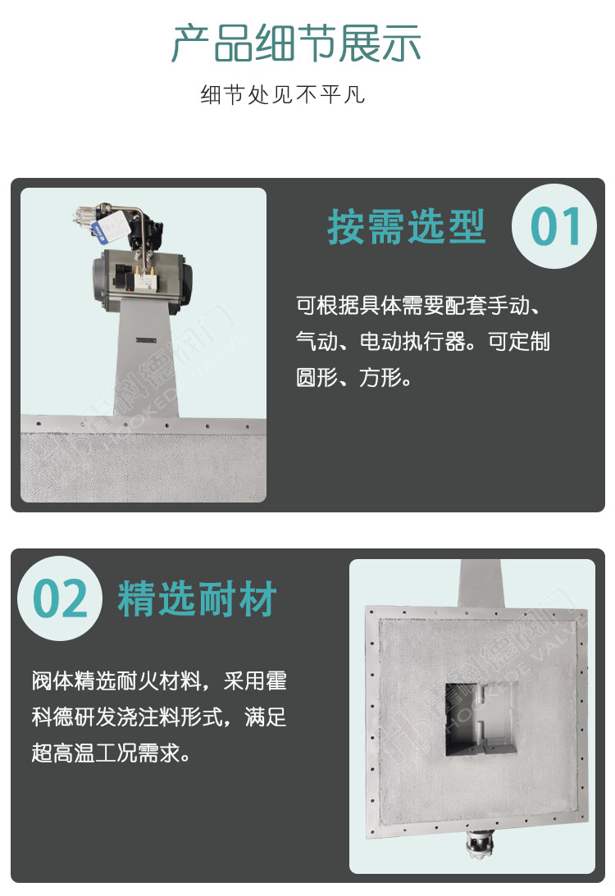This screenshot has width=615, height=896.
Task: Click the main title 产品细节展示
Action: click(296, 43)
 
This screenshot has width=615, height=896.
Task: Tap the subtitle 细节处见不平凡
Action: click(283, 94)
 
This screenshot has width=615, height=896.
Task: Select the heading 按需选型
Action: click(407, 227)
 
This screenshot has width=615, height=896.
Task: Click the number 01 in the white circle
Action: click(555, 227)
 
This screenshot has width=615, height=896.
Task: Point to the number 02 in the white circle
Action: click(60, 598)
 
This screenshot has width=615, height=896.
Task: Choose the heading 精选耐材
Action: click(197, 598)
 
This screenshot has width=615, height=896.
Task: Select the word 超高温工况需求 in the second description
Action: click(106, 753)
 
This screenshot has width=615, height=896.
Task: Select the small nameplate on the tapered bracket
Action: click(146, 340)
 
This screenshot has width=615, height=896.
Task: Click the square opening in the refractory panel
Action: click(483, 719)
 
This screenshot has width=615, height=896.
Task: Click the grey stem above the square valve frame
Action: click(481, 584)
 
